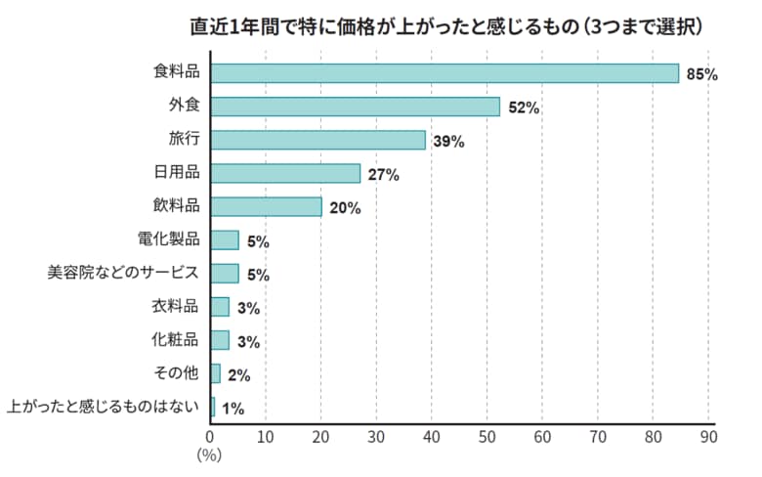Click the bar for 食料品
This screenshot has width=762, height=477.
pos(444,73)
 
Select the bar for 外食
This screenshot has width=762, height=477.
pos(355,107)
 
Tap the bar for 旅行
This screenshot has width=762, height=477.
pos(317,140)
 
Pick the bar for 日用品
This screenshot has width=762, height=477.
pos(285,173)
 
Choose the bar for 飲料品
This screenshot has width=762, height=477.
pos(266,206)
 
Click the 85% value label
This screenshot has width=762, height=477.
pos(702,74)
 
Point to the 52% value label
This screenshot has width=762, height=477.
pos(524,108)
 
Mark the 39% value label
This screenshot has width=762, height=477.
pos(448,141)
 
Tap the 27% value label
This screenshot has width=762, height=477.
pos(384,175)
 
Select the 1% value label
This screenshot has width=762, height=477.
pos(233,409)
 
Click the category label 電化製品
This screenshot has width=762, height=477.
pos(170,239)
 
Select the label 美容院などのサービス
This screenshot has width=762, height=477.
pos(123,273)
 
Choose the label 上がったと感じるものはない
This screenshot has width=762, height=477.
pos(103,407)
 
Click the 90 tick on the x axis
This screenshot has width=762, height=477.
pos(708,435)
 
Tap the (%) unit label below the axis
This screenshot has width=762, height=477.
pos(210,454)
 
